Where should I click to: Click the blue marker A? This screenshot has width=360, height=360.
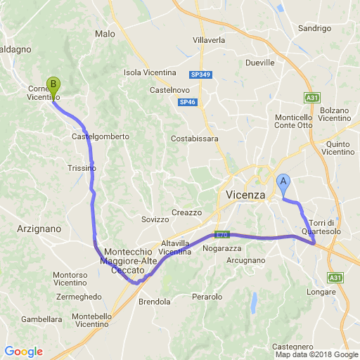(x=283, y=183)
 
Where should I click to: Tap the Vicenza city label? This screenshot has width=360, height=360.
(x=245, y=195)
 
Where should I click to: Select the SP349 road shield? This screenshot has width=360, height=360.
(x=200, y=74)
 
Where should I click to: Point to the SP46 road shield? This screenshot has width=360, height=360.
(x=187, y=103)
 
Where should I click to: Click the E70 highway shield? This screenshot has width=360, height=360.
(x=222, y=235)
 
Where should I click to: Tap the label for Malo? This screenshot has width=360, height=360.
(x=104, y=34)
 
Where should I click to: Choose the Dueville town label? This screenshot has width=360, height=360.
(x=259, y=63)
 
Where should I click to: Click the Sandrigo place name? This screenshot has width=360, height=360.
(x=314, y=29)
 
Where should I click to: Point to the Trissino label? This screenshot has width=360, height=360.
(x=82, y=169)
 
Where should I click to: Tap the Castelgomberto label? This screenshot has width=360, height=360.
(x=101, y=136)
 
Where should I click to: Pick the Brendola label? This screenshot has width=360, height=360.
(x=155, y=302)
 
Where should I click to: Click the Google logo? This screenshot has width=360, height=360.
(x=23, y=352)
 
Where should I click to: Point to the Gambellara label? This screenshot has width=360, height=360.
(x=42, y=319)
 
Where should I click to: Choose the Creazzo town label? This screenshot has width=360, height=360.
(x=186, y=212)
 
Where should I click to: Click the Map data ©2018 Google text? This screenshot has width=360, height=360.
(x=316, y=354)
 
